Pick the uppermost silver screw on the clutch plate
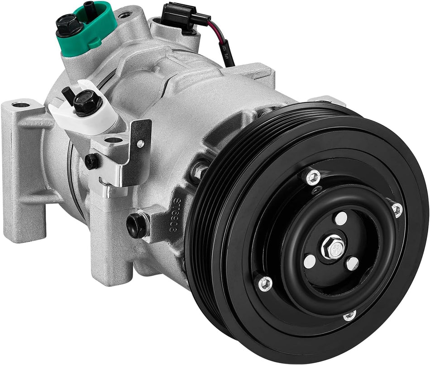[x=312, y=177]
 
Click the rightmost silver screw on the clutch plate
[x=397, y=209]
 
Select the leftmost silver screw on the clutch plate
[x=265, y=284]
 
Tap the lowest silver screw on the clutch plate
[x=349, y=315]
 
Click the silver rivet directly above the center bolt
[x=340, y=218]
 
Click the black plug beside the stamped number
[x=138, y=225]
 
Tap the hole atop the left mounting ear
[x=21, y=105]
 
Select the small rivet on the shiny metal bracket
[x=140, y=144]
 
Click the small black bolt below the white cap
[x=92, y=161]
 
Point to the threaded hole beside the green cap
[x=125, y=15]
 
